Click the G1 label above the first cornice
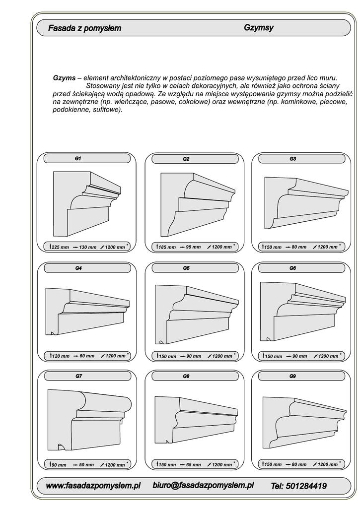coord(78,159)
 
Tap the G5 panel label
coord(186,268)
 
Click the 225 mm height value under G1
coord(61,247)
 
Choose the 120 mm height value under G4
coord(61,356)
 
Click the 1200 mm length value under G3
coord(327,247)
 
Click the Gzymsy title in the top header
coord(259,28)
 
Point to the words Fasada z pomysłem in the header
coord(84,29)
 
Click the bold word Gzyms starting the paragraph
coord(64,78)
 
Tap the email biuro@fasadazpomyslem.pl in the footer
coord(204,485)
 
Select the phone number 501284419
coord(299,486)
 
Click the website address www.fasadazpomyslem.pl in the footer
coord(93,485)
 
